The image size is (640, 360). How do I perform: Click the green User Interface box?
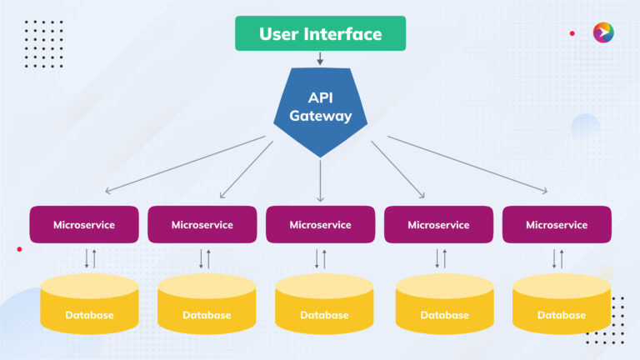tap(320, 34)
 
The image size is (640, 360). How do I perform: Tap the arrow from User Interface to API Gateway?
tap(320, 59)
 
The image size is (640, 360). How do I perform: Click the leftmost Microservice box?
tap(84, 225)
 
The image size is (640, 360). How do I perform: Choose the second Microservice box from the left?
tap(202, 225)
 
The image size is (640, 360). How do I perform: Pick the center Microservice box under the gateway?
tap(321, 225)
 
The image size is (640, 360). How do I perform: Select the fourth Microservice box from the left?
tap(438, 225)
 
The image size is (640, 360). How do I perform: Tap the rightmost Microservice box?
tap(557, 225)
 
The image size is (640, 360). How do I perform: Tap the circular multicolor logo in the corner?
tap(603, 32)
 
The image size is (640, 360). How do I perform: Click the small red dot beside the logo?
tap(572, 33)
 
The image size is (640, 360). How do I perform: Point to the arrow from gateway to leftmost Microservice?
tap(183, 164)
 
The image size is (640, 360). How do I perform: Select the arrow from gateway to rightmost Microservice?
tap(467, 164)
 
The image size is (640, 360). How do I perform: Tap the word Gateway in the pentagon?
tap(321, 116)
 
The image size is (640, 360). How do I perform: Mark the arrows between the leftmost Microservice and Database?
tap(90, 257)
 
